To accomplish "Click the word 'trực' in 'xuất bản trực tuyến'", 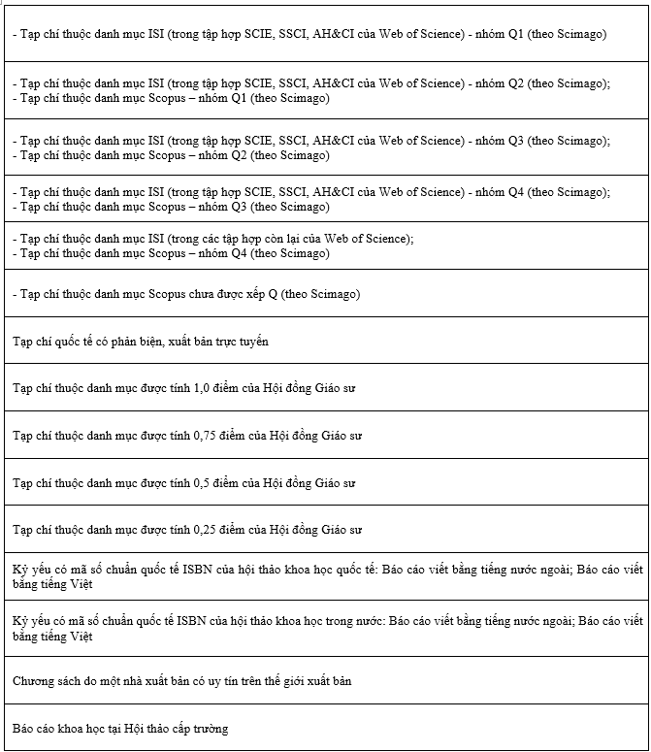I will (225, 342).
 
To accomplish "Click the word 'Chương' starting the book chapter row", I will (32, 681).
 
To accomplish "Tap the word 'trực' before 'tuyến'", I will (225, 342).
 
